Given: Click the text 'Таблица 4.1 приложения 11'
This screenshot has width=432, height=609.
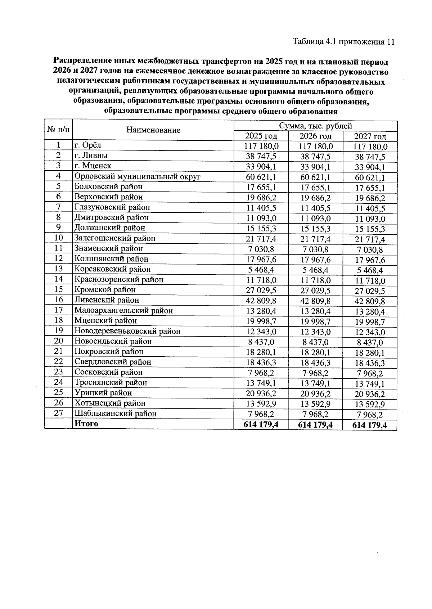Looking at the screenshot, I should (344, 42).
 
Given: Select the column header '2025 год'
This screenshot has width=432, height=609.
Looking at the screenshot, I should (261, 136).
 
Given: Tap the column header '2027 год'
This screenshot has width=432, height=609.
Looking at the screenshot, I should (370, 137).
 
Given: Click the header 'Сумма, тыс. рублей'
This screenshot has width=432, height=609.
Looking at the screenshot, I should (315, 126).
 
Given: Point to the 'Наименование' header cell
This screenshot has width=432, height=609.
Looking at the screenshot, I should (153, 130).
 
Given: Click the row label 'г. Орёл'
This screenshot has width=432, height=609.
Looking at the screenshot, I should (88, 145).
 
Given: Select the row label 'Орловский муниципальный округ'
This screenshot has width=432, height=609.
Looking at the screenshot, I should (137, 176).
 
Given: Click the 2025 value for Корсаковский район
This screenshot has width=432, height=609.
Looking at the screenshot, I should (261, 270).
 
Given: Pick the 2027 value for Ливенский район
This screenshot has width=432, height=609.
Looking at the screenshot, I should (370, 302).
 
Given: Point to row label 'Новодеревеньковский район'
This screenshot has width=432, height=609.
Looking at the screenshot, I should (127, 331).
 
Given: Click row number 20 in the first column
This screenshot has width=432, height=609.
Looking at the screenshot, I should (58, 341).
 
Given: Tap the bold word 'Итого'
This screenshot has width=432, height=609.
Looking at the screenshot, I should (86, 424).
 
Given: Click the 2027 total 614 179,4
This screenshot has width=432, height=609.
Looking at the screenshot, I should (370, 425).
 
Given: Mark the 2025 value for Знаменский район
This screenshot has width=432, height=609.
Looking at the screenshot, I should (261, 249).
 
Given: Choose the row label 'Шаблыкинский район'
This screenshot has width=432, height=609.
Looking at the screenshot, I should (115, 414).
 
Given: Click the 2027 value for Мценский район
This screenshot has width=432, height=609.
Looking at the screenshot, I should (370, 322).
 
